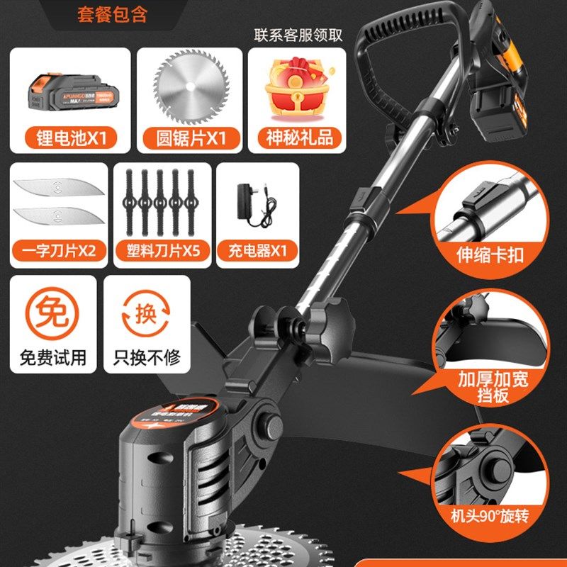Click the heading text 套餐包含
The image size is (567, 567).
pos(112,15)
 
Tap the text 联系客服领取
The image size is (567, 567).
pos(298,35)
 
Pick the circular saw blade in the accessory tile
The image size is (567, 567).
pos(182,86)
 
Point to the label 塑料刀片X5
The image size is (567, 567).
pos(162,250)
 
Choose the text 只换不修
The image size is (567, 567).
pos(147,357)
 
